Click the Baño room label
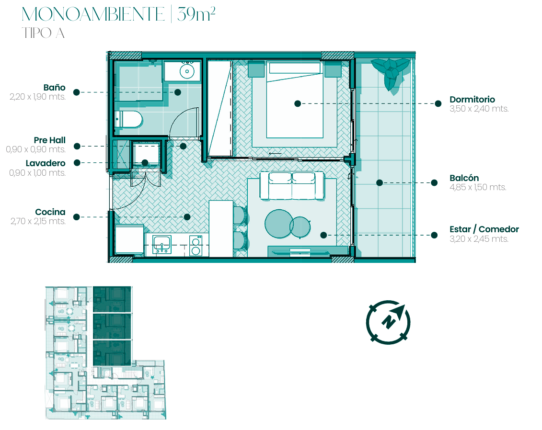[54, 87]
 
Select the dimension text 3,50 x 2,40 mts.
[479, 109]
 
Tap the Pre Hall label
[50, 140]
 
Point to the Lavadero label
[46, 163]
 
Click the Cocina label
[50, 212]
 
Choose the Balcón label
[464, 178]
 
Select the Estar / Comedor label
[484, 229]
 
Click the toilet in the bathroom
[128, 120]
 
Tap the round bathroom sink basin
[187, 71]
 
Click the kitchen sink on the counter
[162, 245]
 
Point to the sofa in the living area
[292, 186]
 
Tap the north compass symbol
[389, 322]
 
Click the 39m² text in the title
[196, 14]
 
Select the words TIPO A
[43, 33]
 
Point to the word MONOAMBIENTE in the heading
[93, 14]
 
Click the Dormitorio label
[472, 100]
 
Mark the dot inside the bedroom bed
[298, 103]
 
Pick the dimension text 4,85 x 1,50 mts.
[478, 188]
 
